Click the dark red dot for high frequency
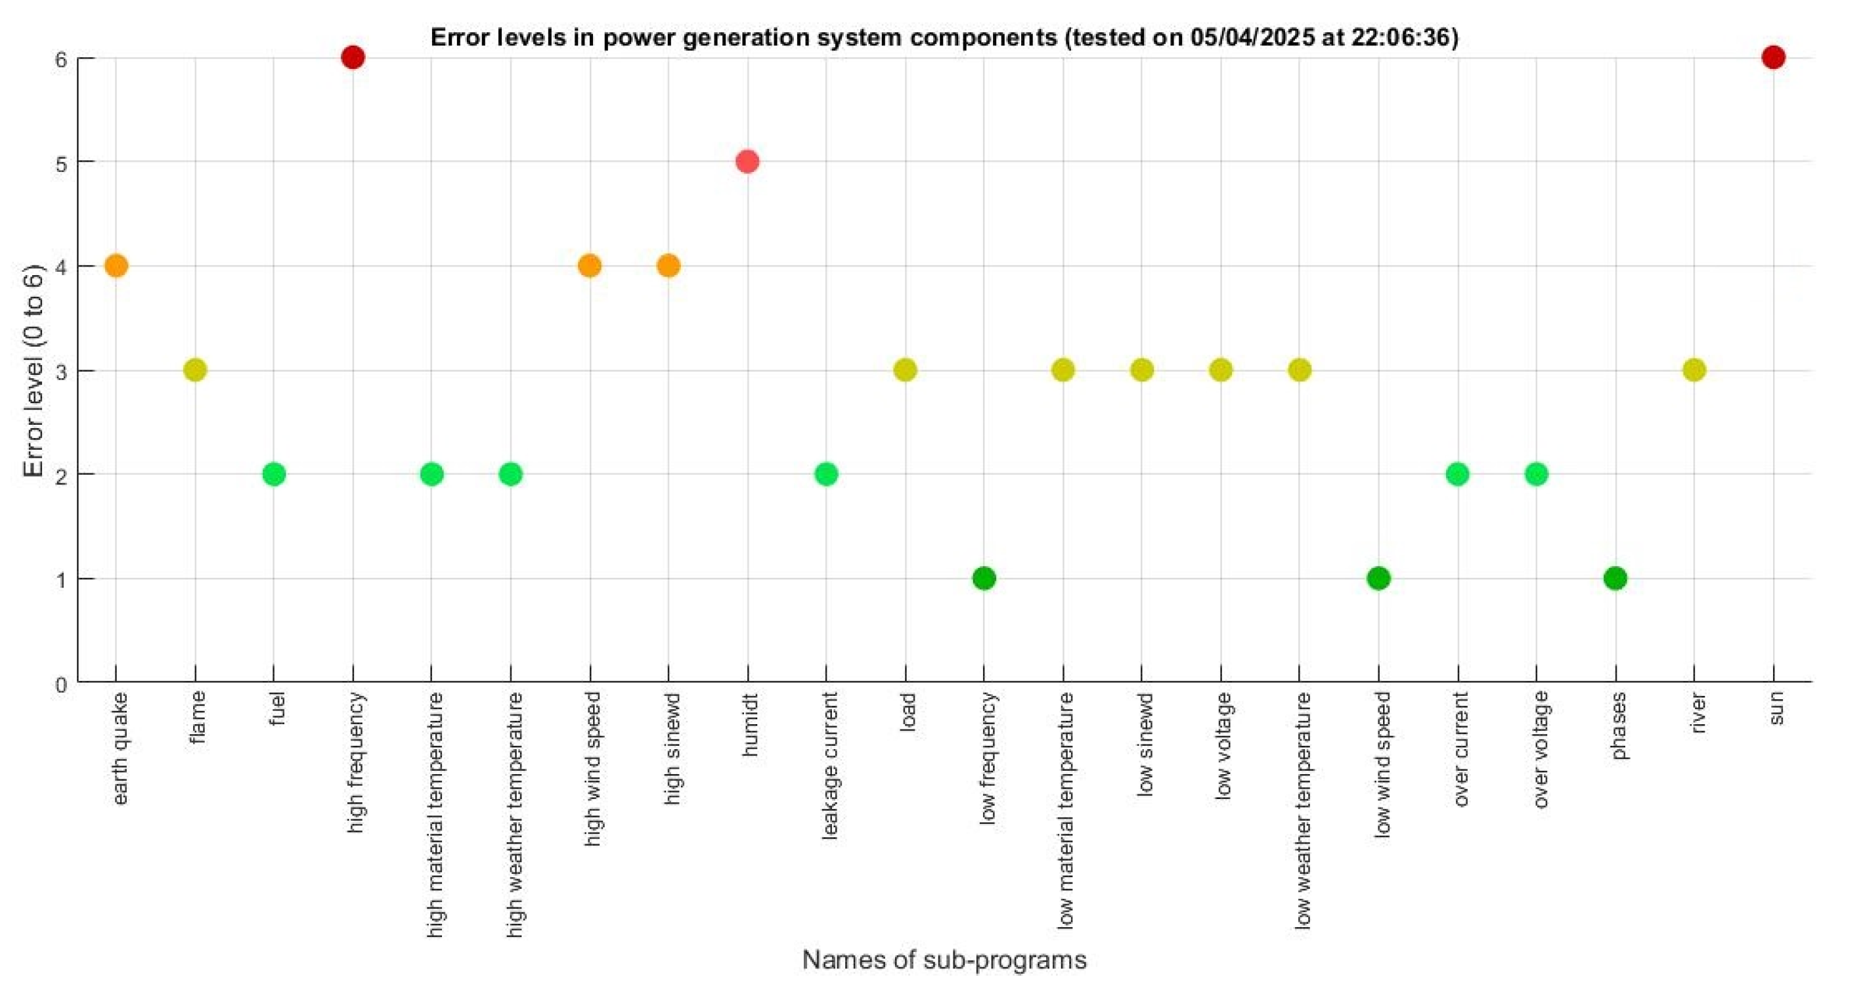tap(352, 57)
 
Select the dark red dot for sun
tap(1773, 57)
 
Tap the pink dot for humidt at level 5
tap(747, 162)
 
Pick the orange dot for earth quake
tap(116, 266)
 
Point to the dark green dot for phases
tap(1615, 578)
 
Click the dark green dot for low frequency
tap(984, 578)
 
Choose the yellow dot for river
tap(1694, 370)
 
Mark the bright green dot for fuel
tap(273, 475)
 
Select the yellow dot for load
tap(905, 370)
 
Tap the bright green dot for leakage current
tap(826, 475)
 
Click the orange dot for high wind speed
tap(590, 266)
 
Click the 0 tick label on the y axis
tap(61, 684)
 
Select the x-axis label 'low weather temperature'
tap(1302, 810)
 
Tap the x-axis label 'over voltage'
tap(1540, 749)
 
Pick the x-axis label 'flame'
tap(198, 717)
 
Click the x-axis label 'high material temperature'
tap(434, 815)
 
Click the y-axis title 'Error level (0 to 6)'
tap(33, 370)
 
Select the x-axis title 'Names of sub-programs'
tap(944, 960)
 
